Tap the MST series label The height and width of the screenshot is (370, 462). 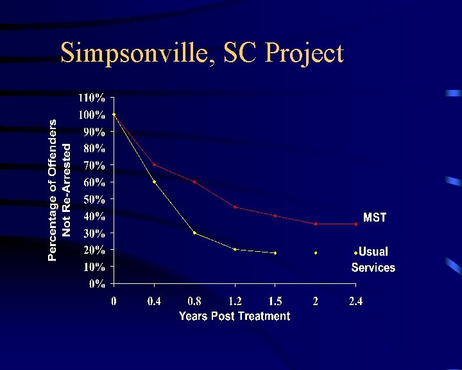[x=375, y=218]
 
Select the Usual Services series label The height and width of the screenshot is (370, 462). [x=373, y=260]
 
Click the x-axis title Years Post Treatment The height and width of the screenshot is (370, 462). [x=235, y=316]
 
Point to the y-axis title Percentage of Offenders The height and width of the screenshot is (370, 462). [x=52, y=190]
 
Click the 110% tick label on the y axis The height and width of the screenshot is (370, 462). [x=92, y=98]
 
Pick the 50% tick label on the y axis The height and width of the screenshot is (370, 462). [x=94, y=200]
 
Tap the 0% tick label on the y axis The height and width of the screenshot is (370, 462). [x=97, y=284]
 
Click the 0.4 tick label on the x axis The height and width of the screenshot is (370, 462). [x=154, y=301]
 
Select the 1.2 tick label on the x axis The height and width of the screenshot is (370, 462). [x=235, y=301]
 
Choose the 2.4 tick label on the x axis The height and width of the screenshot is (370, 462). [x=355, y=301]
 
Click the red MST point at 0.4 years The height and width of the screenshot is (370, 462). [x=154, y=164]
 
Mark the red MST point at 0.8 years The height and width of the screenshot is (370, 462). [x=194, y=182]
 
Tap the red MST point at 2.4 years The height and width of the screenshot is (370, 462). [x=355, y=224]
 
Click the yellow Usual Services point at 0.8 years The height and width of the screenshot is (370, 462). [x=194, y=233]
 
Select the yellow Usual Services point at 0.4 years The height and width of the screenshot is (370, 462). [x=154, y=182]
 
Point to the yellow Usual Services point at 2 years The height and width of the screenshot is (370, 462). [x=316, y=253]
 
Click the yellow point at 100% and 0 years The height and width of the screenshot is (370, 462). [x=114, y=114]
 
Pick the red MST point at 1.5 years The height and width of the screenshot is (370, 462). [x=275, y=216]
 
